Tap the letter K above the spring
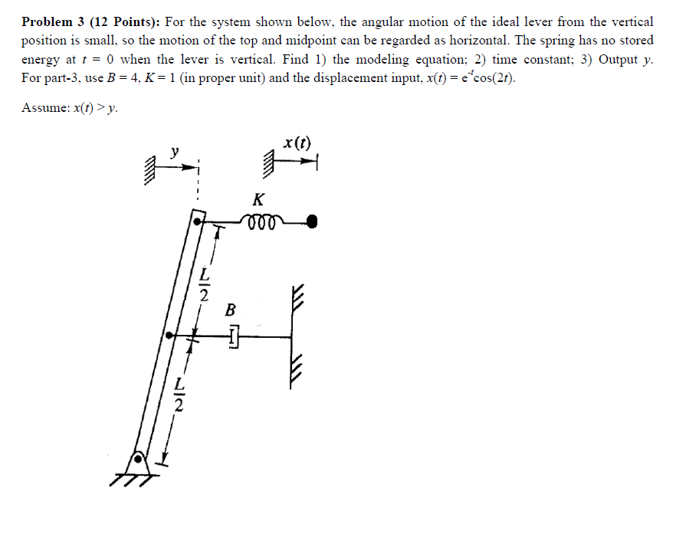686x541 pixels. (258, 200)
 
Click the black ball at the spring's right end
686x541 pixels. (312, 222)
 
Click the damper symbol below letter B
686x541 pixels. (234, 335)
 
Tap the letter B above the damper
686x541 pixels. (231, 310)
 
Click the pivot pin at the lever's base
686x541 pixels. (139, 461)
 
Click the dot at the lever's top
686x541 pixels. (198, 221)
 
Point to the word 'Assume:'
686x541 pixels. (44, 108)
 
